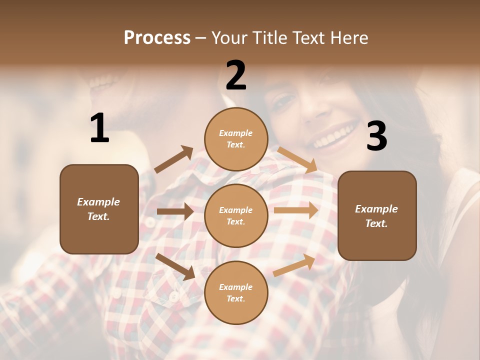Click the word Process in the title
[x=157, y=38]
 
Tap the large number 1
[x=99, y=128]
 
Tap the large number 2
[x=236, y=75]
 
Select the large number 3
[x=376, y=136]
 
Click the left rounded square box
[x=99, y=209]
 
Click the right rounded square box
[x=377, y=215]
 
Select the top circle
[x=236, y=139]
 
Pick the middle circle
[x=236, y=215]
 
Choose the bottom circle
[x=236, y=292]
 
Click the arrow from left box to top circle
[x=174, y=159]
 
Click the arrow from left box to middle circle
[x=175, y=211]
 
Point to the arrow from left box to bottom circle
[x=175, y=266]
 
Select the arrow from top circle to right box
[x=298, y=159]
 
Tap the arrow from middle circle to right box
[x=296, y=210]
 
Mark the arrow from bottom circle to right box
[x=294, y=265]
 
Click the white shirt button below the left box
[x=174, y=297]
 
